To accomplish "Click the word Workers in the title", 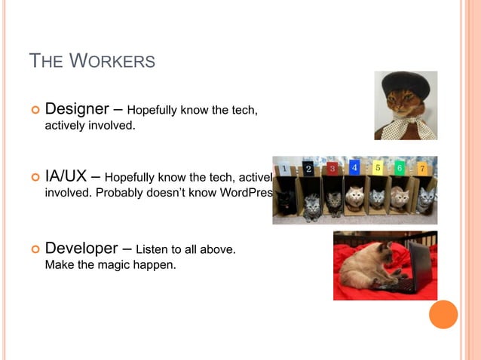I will point(112,61).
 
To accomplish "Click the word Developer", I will point(81,248).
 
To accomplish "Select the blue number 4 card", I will point(354,167).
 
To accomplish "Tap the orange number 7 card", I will point(423,168).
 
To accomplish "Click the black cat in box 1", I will point(286,199).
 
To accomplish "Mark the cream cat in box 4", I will point(355,197).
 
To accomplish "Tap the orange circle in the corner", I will point(443,314).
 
